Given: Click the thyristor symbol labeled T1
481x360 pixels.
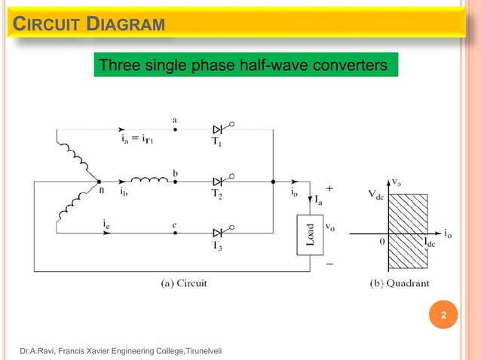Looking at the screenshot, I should coord(218,130).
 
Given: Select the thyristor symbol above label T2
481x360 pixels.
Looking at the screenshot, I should coord(218,182).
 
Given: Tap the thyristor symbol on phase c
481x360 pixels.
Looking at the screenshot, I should coord(218,233).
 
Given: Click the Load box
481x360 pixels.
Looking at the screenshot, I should coord(308,233).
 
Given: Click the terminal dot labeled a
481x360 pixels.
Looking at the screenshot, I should coord(175,130).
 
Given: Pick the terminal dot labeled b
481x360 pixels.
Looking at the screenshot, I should coord(175,182).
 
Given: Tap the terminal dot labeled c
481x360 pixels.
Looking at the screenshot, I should coord(175,233).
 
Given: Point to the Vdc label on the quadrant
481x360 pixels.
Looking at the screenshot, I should coord(378,192).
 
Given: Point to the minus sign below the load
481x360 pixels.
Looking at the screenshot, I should coord(329,264).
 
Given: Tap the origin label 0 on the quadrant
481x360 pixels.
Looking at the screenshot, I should coord(381,243).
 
